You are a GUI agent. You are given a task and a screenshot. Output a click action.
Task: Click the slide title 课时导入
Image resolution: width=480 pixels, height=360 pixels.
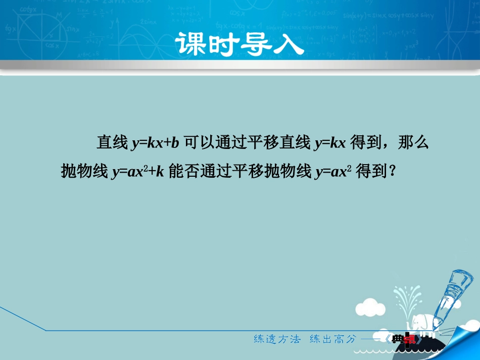coord(239,44)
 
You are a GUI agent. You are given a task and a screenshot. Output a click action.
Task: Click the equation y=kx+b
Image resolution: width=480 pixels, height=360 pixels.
coord(156,143)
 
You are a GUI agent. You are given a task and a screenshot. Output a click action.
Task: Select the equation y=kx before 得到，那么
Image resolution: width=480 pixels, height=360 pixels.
coord(330,143)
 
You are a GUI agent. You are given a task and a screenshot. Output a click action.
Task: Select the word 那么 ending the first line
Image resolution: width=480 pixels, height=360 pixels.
coord(413,143)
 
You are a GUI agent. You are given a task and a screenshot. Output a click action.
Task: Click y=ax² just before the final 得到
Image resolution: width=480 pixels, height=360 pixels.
coord(333,172)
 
